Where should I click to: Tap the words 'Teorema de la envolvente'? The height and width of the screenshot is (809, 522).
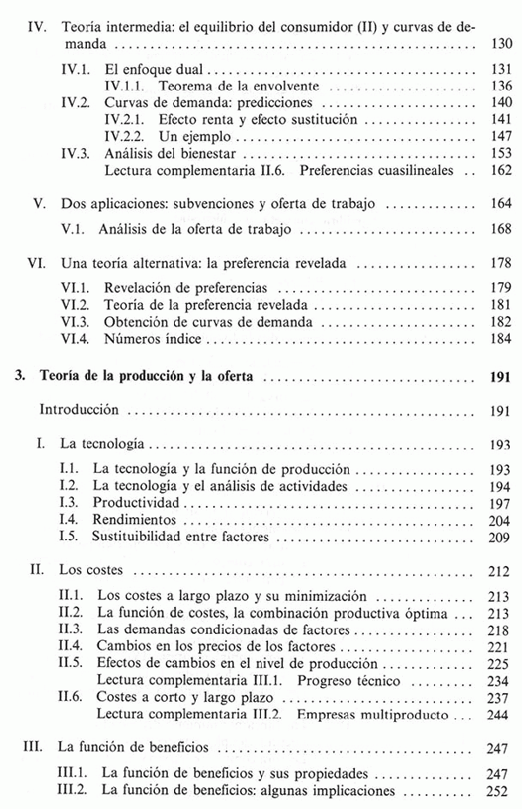pos(234,86)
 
